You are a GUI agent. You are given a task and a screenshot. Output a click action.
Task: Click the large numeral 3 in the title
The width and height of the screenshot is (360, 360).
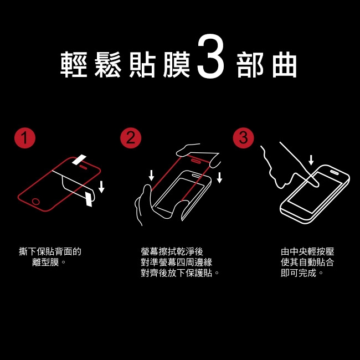(x=210, y=56)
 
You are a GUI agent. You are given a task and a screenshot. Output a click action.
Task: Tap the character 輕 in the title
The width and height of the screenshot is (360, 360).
(x=74, y=64)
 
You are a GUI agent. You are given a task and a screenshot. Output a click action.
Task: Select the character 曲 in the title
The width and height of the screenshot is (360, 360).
(x=285, y=64)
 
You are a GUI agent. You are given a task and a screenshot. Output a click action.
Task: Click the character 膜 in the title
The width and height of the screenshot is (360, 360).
(x=177, y=64)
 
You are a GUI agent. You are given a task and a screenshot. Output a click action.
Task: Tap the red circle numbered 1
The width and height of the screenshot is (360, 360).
(x=25, y=138)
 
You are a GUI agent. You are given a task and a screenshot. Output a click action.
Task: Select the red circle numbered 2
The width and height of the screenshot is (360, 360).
(x=131, y=138)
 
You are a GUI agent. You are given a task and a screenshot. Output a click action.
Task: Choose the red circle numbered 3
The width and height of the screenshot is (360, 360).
(x=243, y=138)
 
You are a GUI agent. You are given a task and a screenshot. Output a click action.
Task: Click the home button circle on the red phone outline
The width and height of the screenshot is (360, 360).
(x=36, y=202)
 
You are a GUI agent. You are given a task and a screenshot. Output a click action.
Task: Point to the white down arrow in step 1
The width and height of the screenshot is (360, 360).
(x=101, y=187)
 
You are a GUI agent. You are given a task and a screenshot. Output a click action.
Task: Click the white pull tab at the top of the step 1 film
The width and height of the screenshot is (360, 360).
(x=79, y=160)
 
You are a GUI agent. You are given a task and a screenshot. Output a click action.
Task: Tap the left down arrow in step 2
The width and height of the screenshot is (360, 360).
(x=151, y=175)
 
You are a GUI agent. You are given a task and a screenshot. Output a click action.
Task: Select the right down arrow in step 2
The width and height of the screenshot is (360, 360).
(x=220, y=178)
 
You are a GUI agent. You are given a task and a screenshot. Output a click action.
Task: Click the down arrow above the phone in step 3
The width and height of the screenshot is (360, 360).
(x=311, y=160)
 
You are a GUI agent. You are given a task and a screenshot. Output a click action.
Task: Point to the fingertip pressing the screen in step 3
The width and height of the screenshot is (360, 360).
(x=315, y=183)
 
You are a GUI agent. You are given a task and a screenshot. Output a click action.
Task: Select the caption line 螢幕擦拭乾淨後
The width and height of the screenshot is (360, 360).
(x=172, y=251)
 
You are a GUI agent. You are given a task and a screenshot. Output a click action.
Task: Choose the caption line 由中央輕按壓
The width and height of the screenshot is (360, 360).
(x=307, y=251)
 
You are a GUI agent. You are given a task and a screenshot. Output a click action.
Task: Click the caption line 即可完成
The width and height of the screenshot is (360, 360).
(x=299, y=272)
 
